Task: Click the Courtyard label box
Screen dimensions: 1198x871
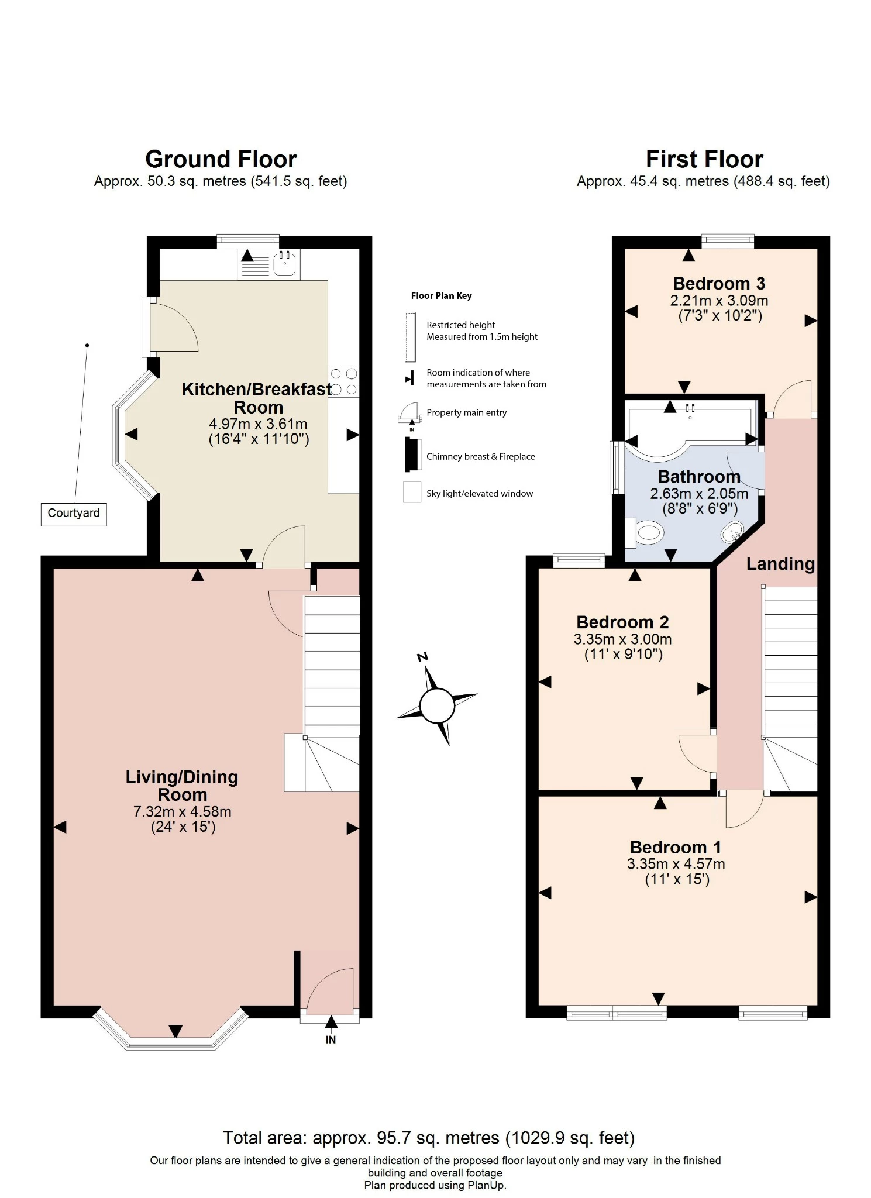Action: click(74, 514)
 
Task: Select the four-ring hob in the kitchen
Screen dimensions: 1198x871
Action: click(343, 381)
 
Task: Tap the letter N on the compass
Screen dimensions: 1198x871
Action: click(422, 657)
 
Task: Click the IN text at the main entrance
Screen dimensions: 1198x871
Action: click(331, 1039)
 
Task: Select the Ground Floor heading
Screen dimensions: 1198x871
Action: click(221, 159)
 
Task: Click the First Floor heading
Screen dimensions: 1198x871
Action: click(704, 159)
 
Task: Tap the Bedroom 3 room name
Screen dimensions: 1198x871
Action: click(719, 284)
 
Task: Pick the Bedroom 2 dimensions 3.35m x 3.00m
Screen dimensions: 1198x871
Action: click(622, 639)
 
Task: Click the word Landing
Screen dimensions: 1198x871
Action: click(780, 564)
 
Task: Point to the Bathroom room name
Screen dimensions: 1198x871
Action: click(699, 477)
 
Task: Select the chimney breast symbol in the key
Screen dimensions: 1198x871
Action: click(412, 455)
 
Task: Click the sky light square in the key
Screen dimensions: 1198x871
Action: click(412, 492)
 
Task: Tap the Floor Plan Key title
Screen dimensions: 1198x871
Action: click(441, 295)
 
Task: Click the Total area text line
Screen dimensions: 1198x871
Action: click(428, 1138)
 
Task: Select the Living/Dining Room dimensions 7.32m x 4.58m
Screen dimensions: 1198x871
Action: click(182, 812)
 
